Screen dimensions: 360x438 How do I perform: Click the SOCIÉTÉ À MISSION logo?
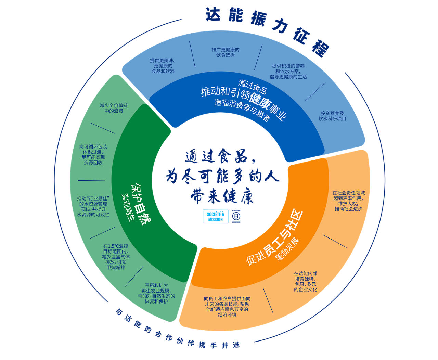215,217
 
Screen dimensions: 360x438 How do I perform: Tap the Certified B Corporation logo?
236,217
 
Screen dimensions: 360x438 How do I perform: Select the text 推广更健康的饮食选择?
226,52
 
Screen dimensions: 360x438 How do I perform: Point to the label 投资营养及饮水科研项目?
332,116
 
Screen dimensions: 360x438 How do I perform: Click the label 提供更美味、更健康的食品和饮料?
163,66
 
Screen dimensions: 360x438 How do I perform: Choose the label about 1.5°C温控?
116,257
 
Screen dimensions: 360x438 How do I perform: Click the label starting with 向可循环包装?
93,155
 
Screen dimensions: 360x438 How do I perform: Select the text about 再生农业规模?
156,293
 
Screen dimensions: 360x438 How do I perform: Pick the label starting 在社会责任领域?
348,201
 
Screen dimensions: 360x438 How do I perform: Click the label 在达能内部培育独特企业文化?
306,281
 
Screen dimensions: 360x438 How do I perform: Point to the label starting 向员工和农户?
227,306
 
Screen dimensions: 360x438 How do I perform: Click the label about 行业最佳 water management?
93,206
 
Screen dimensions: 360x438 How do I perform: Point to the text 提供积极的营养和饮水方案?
288,71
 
